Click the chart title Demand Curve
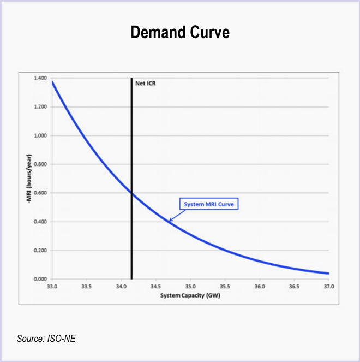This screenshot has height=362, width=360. [180, 33]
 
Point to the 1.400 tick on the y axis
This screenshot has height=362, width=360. [40, 79]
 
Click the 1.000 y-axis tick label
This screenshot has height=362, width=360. [40, 136]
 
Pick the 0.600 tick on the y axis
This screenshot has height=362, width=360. [40, 193]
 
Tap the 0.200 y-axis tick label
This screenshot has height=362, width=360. [40, 251]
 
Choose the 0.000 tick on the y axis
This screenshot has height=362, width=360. [40, 280]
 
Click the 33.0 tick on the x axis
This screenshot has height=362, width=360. [52, 286]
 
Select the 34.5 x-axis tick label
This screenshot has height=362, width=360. [156, 286]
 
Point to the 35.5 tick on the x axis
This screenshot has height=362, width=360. [225, 286]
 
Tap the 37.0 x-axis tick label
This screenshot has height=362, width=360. [329, 286]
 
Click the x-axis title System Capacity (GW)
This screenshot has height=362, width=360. [190, 295]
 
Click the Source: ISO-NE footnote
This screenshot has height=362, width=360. [46, 339]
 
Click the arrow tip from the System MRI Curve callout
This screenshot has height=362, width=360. [169, 221]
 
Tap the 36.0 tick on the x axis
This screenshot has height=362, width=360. [260, 286]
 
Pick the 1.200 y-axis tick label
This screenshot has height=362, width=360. [40, 107]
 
